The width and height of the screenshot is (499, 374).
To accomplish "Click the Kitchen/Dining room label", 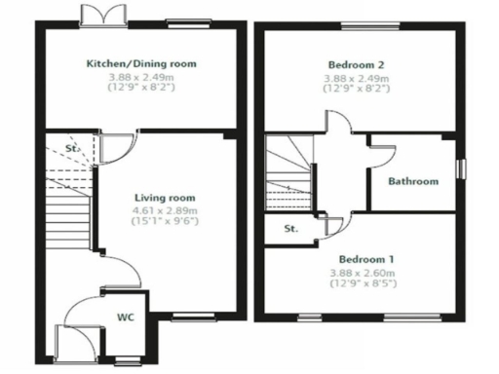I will (141, 63).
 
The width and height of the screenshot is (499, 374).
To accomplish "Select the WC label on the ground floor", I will (126, 317).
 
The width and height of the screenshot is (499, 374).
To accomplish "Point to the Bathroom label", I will (413, 181).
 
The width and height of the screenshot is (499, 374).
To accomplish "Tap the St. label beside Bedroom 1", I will (290, 230).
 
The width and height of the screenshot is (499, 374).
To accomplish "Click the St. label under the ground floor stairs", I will (72, 149).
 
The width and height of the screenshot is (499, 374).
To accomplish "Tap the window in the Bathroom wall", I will (461, 168).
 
